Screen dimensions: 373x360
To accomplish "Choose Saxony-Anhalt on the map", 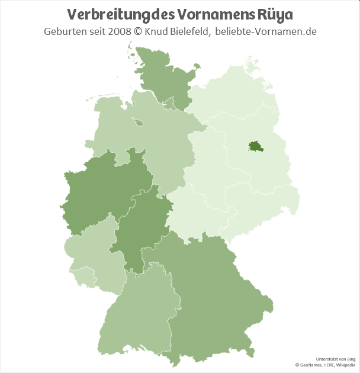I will [207, 154].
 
